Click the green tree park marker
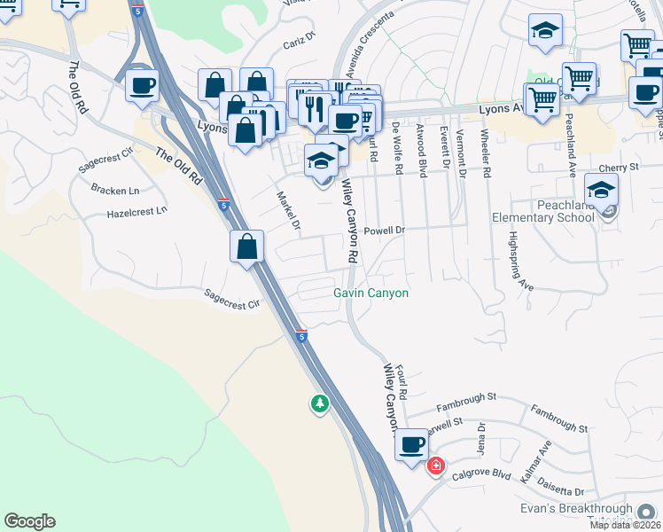pos(319,404)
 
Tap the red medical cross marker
pos(435,466)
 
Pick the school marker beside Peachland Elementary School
pos(602,190)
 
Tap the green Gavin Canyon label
pos(370,293)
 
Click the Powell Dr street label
pos(383,230)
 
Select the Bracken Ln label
pos(115,190)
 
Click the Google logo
pos(29,521)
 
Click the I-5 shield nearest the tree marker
pos(302,337)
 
